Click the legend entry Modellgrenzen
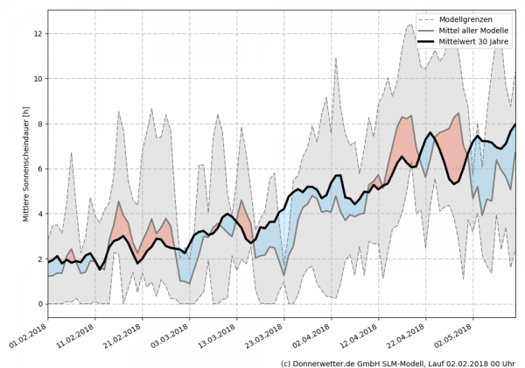click(473, 18)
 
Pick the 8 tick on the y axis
click(38, 124)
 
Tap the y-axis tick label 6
click(38, 169)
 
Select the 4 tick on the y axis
click(38, 214)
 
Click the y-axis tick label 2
click(38, 259)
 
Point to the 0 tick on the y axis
click(38, 304)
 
